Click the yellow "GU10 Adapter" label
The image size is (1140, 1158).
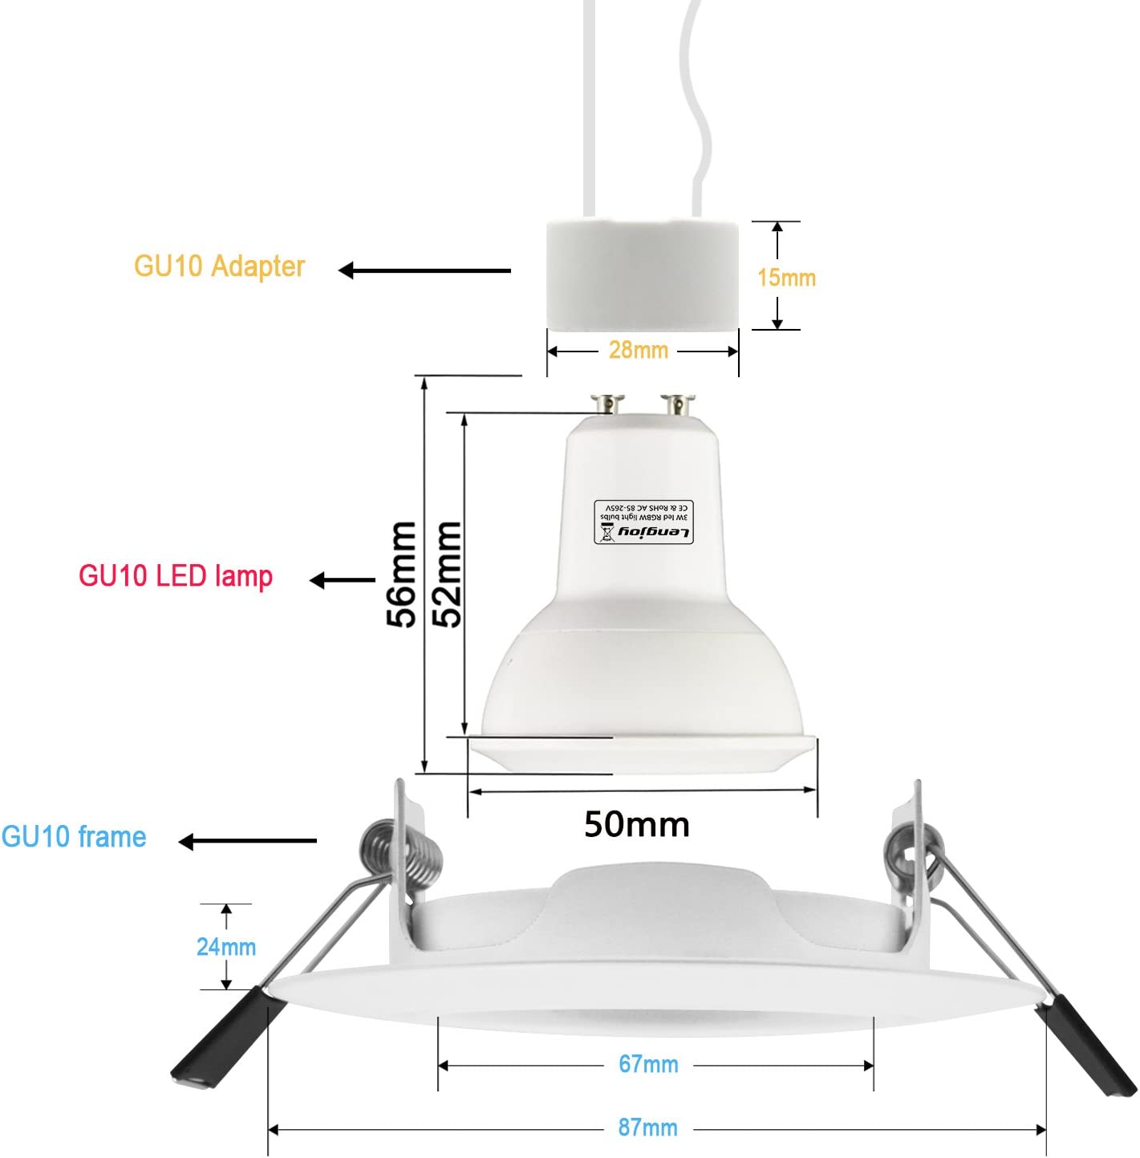(219, 266)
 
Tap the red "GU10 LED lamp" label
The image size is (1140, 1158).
(176, 576)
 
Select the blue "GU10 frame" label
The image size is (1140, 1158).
(74, 837)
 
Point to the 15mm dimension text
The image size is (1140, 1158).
(786, 278)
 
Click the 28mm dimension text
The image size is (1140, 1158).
(639, 350)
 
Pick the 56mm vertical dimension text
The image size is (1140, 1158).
(401, 573)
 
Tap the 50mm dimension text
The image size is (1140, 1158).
(637, 825)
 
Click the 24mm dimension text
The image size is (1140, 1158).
(226, 947)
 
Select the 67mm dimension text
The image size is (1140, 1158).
(648, 1064)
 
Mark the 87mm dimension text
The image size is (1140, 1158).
(647, 1128)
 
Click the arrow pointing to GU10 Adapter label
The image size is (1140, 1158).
(424, 270)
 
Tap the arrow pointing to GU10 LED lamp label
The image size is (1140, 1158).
(343, 579)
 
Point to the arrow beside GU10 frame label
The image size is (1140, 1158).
(247, 841)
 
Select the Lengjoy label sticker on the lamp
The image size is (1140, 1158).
(643, 522)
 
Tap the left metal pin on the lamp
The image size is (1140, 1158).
(607, 403)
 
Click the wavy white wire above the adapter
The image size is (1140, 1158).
(696, 104)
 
